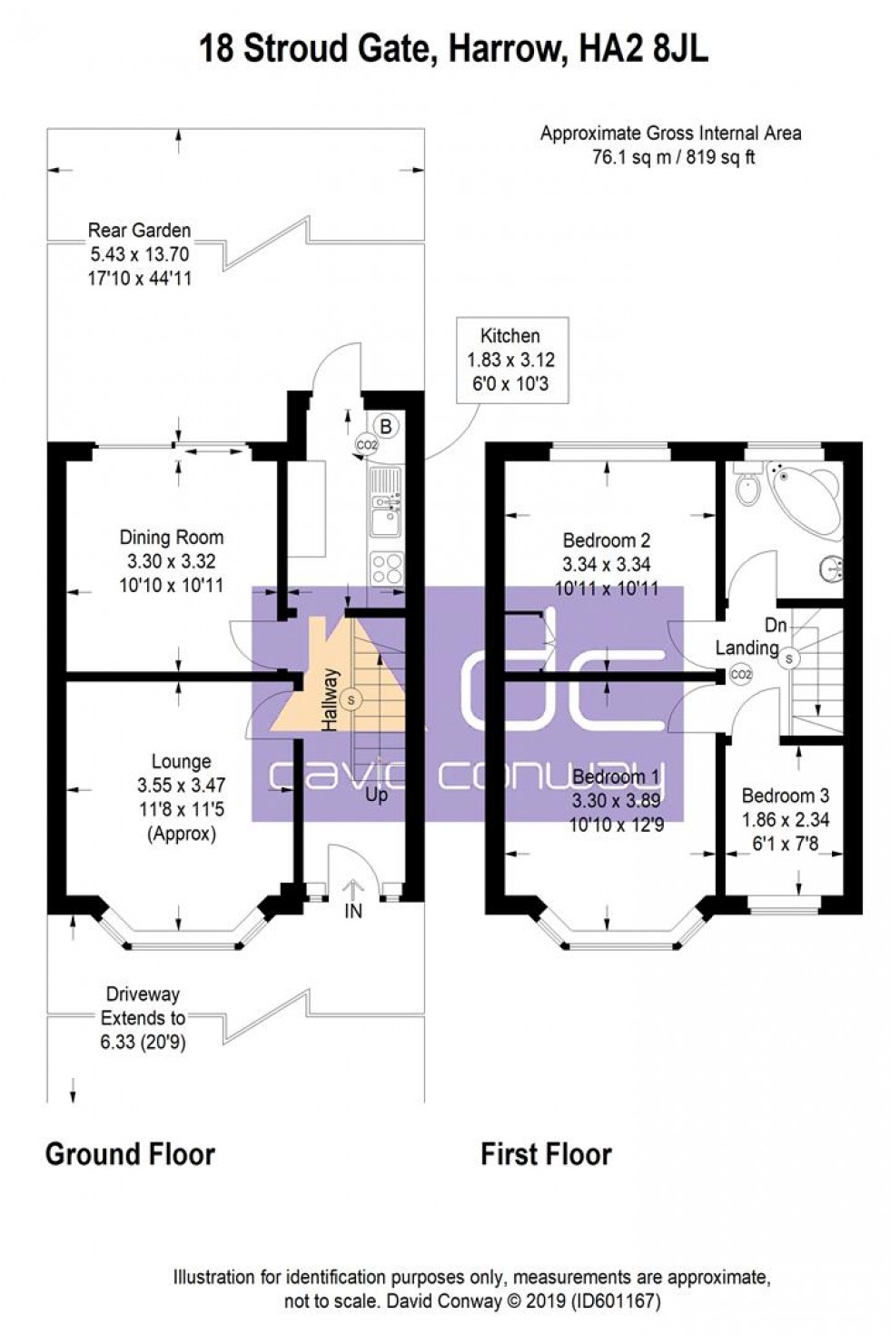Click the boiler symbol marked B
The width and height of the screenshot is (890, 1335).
[x=386, y=424]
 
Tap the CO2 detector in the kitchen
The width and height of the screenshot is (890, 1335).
[x=366, y=445]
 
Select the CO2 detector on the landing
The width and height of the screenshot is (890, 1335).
[x=741, y=675]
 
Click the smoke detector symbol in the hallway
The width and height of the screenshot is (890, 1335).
[x=351, y=699]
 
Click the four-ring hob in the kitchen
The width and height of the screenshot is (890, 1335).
[x=385, y=569]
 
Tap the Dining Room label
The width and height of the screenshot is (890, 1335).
[x=171, y=538]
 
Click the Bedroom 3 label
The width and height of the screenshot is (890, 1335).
[x=785, y=796]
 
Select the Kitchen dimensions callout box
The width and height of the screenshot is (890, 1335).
[x=511, y=361]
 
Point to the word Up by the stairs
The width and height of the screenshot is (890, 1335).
[x=376, y=795]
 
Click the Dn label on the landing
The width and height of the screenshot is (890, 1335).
[x=775, y=626]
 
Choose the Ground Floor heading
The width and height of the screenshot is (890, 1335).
[x=130, y=1154]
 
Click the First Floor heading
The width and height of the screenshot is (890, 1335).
[x=546, y=1154]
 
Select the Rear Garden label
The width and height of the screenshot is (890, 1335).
[x=139, y=230]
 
